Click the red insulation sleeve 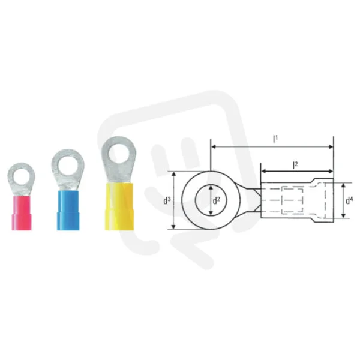[22, 213]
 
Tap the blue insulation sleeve [68, 210]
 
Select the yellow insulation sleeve [119, 206]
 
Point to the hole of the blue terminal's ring [67, 166]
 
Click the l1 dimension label [275, 139]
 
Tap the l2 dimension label [295, 165]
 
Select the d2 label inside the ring [216, 200]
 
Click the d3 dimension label [167, 201]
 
